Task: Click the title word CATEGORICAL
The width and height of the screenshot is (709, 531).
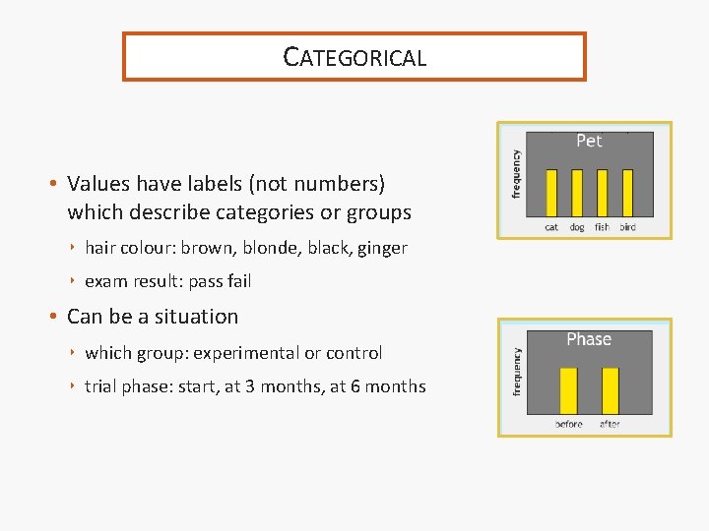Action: point(354,57)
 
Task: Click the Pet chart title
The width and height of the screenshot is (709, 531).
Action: point(589,141)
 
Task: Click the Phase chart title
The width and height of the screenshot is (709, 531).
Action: point(589,339)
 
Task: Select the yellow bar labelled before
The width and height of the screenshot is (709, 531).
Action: point(568,391)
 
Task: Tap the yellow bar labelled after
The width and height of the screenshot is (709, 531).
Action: point(611,391)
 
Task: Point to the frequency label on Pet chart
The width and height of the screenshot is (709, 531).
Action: point(516,174)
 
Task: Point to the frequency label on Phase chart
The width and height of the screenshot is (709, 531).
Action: point(516,370)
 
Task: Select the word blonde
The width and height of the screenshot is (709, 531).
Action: point(269,248)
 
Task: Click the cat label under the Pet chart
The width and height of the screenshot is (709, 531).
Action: point(551,227)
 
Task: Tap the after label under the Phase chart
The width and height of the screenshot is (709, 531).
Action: point(610,424)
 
